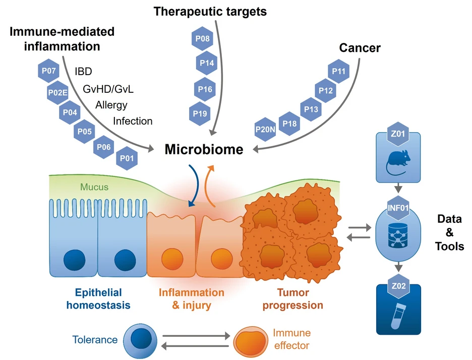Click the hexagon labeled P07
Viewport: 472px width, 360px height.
pyautogui.click(x=48, y=71)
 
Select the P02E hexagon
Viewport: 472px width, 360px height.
pyautogui.click(x=57, y=92)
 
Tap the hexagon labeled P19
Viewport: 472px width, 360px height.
pyautogui.click(x=200, y=113)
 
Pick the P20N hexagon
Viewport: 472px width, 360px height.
pyautogui.click(x=265, y=130)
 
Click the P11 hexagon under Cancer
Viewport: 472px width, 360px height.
pyautogui.click(x=339, y=71)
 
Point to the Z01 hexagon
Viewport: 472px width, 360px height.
pyautogui.click(x=398, y=134)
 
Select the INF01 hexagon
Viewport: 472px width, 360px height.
pyautogui.click(x=398, y=208)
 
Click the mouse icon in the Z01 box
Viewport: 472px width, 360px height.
pyautogui.click(x=398, y=162)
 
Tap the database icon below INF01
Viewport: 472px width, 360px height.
pyautogui.click(x=398, y=235)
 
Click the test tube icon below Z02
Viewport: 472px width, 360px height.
pyautogui.click(x=398, y=316)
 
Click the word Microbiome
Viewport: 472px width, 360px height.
pyautogui.click(x=204, y=149)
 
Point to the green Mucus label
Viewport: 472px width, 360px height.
pyautogui.click(x=94, y=187)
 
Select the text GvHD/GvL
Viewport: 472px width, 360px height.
pyautogui.click(x=108, y=89)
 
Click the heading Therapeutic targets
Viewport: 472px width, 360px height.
pyautogui.click(x=210, y=12)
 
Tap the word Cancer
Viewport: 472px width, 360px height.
pyautogui.click(x=360, y=47)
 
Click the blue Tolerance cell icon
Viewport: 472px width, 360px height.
pyautogui.click(x=140, y=341)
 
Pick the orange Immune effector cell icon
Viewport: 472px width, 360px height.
pyautogui.click(x=251, y=341)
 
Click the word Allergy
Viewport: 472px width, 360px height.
pyautogui.click(x=111, y=105)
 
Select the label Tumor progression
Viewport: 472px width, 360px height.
pyautogui.click(x=293, y=298)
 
